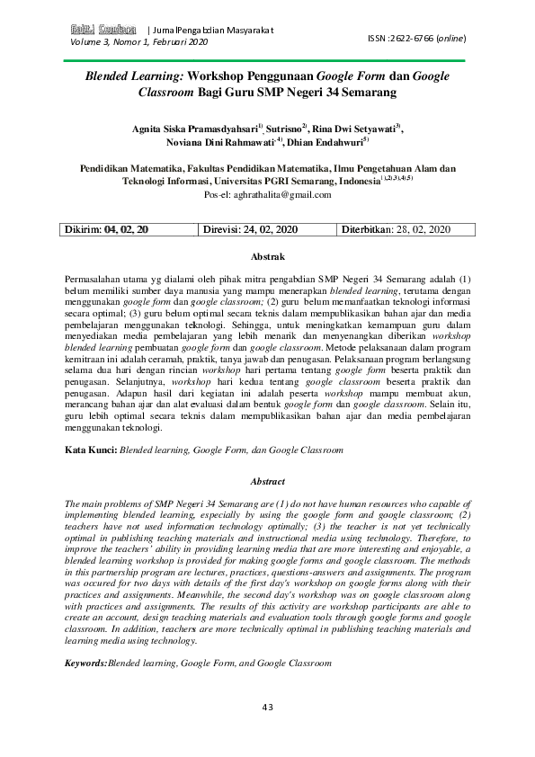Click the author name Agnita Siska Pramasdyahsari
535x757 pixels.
coord(193,129)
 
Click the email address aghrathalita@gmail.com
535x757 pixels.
coord(274,194)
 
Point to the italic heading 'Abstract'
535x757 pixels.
coord(266,482)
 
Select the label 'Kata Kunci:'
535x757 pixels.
coord(91,447)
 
